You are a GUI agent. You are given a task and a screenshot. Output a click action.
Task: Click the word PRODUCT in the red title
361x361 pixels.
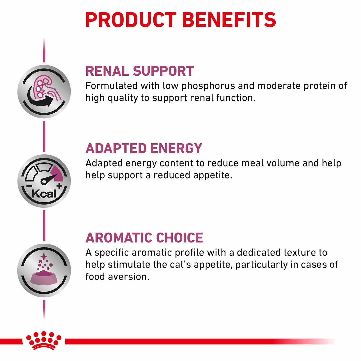(x=131, y=20)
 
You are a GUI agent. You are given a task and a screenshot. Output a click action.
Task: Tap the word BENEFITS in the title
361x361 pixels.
(x=229, y=20)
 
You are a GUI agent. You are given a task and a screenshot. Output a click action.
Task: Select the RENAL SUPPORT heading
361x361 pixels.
(x=140, y=71)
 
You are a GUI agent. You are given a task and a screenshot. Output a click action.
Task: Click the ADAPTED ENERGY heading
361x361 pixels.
(x=144, y=148)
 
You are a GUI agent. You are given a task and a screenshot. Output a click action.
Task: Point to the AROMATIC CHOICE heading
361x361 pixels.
(x=144, y=238)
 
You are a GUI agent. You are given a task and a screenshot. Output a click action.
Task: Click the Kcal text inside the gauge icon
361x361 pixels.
(x=44, y=194)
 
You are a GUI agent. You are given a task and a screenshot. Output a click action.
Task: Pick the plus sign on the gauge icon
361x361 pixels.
(x=59, y=186)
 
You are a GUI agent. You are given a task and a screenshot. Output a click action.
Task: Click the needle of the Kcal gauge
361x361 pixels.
(x=49, y=179)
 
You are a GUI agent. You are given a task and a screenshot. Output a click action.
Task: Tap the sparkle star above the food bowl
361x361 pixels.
(x=44, y=257)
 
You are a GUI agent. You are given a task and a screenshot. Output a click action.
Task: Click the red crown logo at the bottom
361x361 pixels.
(x=44, y=340)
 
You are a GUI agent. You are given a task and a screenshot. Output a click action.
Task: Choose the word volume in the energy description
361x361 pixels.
(x=283, y=163)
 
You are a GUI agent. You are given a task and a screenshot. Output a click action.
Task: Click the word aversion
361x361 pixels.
(x=128, y=277)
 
